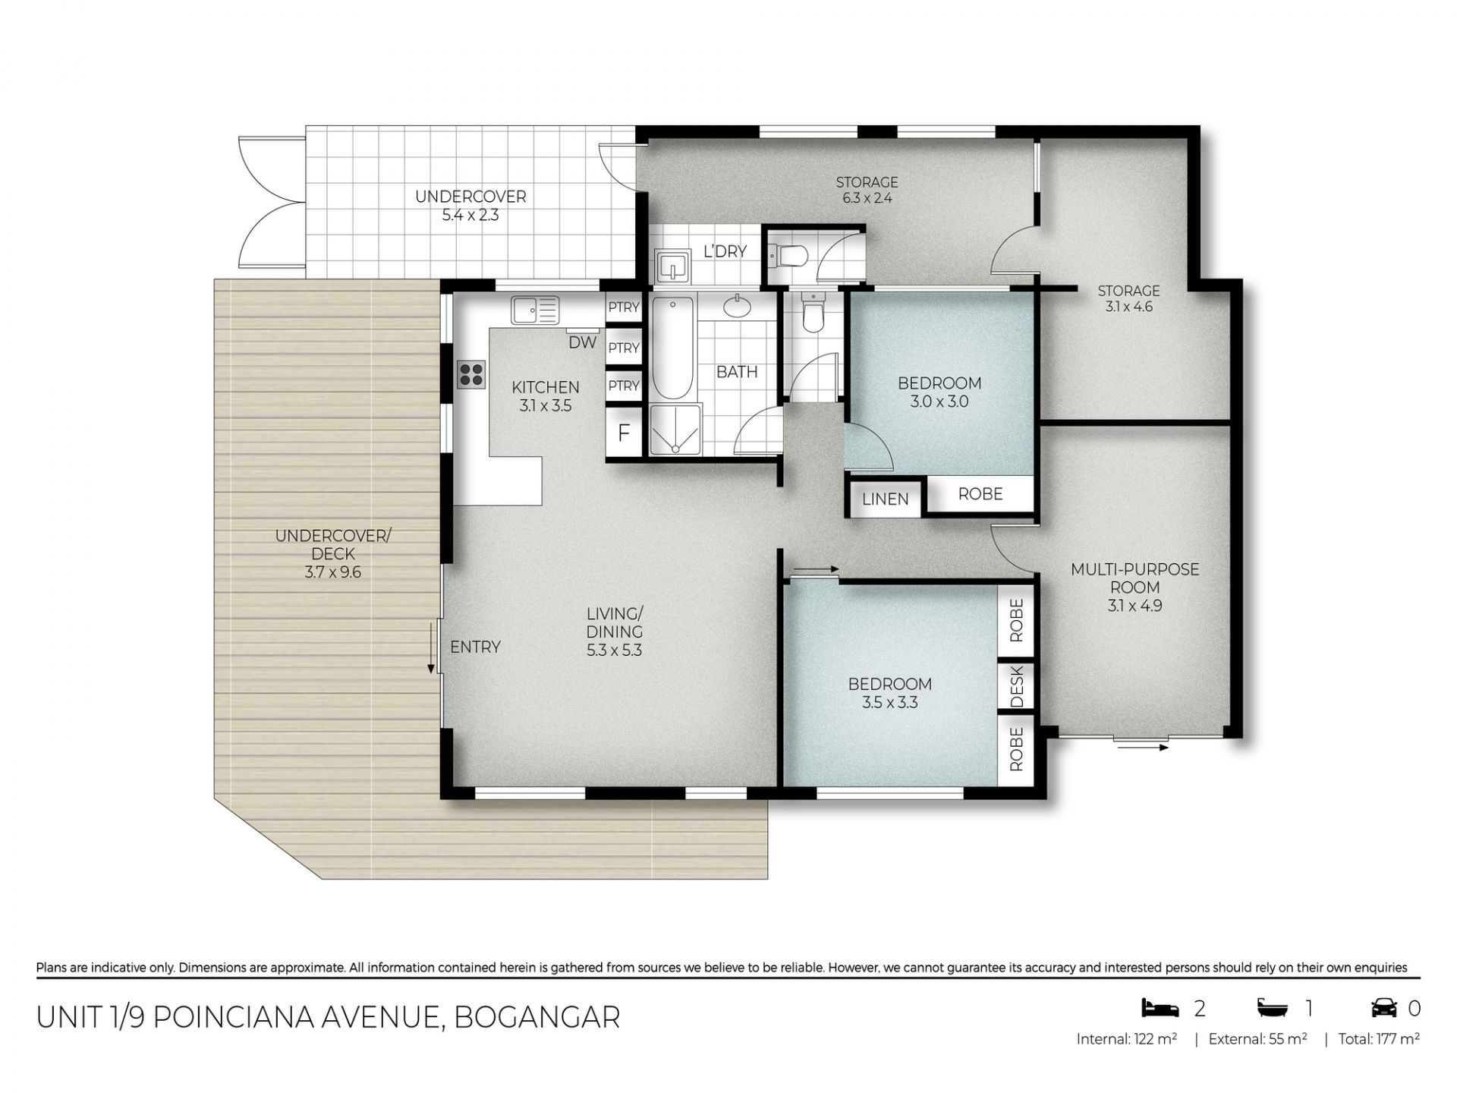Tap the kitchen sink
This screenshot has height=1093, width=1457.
(x=535, y=310)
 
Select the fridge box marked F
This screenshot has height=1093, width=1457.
(x=624, y=433)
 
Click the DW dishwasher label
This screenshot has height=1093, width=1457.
(x=583, y=342)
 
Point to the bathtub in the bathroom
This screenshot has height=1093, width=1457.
(x=672, y=348)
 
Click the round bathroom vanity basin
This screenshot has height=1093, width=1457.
(x=735, y=307)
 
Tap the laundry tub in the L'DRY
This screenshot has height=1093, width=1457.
(x=672, y=266)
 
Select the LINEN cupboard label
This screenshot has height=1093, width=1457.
(x=885, y=499)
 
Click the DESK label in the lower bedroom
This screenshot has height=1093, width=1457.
(x=1017, y=685)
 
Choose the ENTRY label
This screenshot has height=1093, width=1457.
(x=475, y=647)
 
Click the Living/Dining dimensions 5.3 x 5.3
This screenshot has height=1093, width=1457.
(x=614, y=650)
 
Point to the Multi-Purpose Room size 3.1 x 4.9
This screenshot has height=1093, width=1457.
(x=1134, y=606)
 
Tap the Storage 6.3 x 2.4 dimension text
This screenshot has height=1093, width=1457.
(x=867, y=199)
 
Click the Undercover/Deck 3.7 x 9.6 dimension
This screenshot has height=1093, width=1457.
(x=333, y=572)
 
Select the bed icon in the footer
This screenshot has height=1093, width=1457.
(x=1160, y=1008)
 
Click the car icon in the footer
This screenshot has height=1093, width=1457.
(x=1384, y=1008)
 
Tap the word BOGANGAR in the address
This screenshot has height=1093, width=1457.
(x=537, y=1017)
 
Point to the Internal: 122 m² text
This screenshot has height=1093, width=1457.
(x=1126, y=1039)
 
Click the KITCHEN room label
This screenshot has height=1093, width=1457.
(x=546, y=387)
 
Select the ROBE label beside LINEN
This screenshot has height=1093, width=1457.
(x=980, y=494)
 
